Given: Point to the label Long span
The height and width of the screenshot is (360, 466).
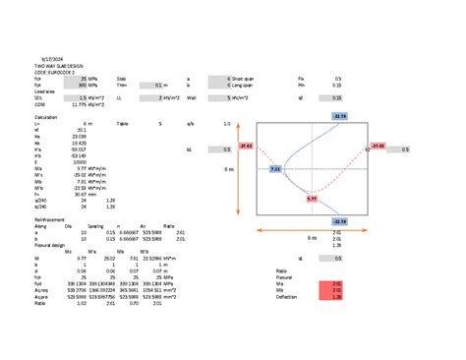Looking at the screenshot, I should [x=243, y=85].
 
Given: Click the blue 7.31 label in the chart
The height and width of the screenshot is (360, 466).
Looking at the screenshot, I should [x=276, y=169].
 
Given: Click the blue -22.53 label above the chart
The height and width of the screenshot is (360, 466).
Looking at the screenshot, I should [x=339, y=116].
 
